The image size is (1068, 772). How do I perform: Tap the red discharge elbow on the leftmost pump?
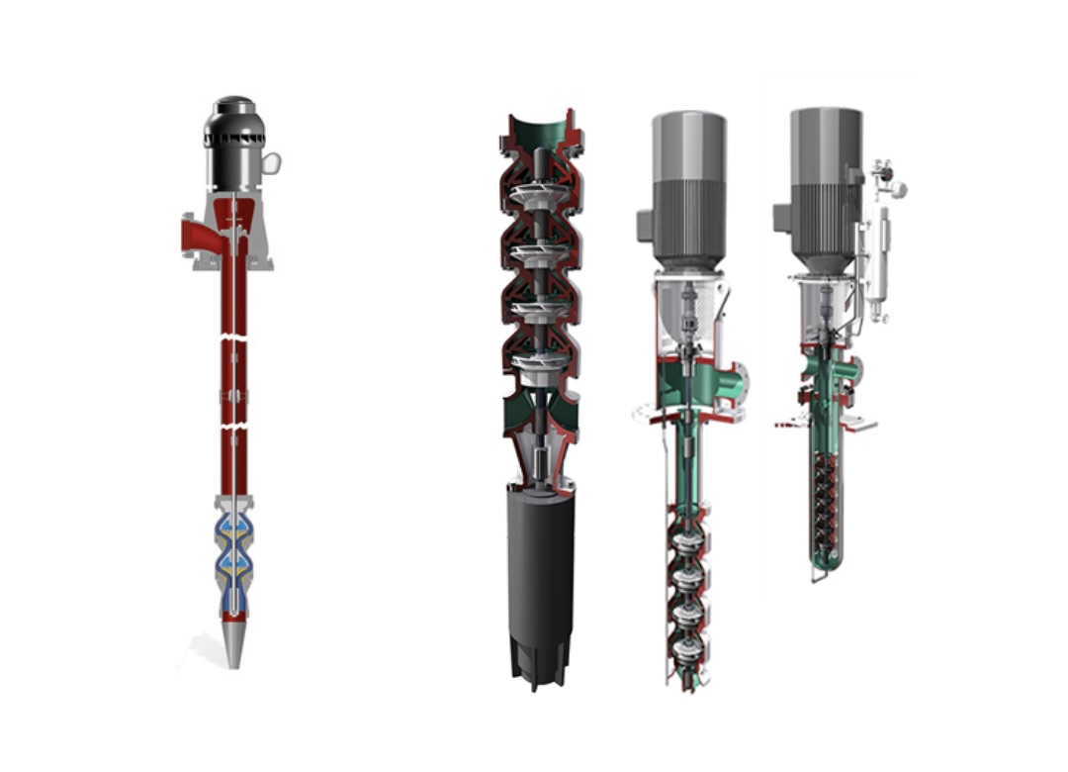point(198,236)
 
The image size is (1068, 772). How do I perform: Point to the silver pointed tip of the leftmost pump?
point(232,643)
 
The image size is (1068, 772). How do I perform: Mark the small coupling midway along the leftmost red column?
point(233,395)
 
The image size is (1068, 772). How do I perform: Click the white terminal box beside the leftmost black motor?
point(270,161)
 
